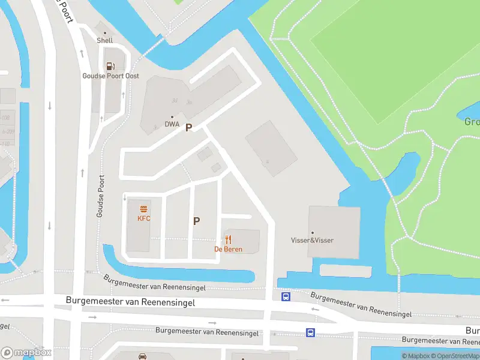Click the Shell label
click(105, 41)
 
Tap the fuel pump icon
click(110, 67)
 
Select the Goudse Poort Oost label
click(111, 76)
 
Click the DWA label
click(172, 125)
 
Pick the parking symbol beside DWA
click(188, 127)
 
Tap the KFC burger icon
click(144, 209)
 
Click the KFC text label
click(144, 218)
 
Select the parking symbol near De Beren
click(196, 221)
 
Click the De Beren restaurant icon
click(229, 239)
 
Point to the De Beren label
click(229, 249)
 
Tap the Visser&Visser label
click(312, 241)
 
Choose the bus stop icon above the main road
click(286, 296)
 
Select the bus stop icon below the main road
click(310, 332)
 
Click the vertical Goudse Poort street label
click(101, 197)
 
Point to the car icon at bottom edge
click(143, 356)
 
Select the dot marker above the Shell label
click(105, 33)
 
